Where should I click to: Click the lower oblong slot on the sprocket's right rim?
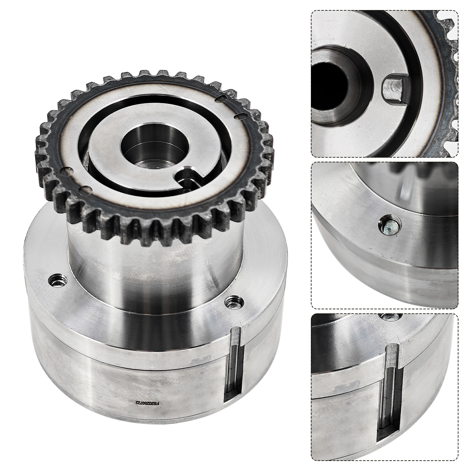[x=242, y=116]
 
